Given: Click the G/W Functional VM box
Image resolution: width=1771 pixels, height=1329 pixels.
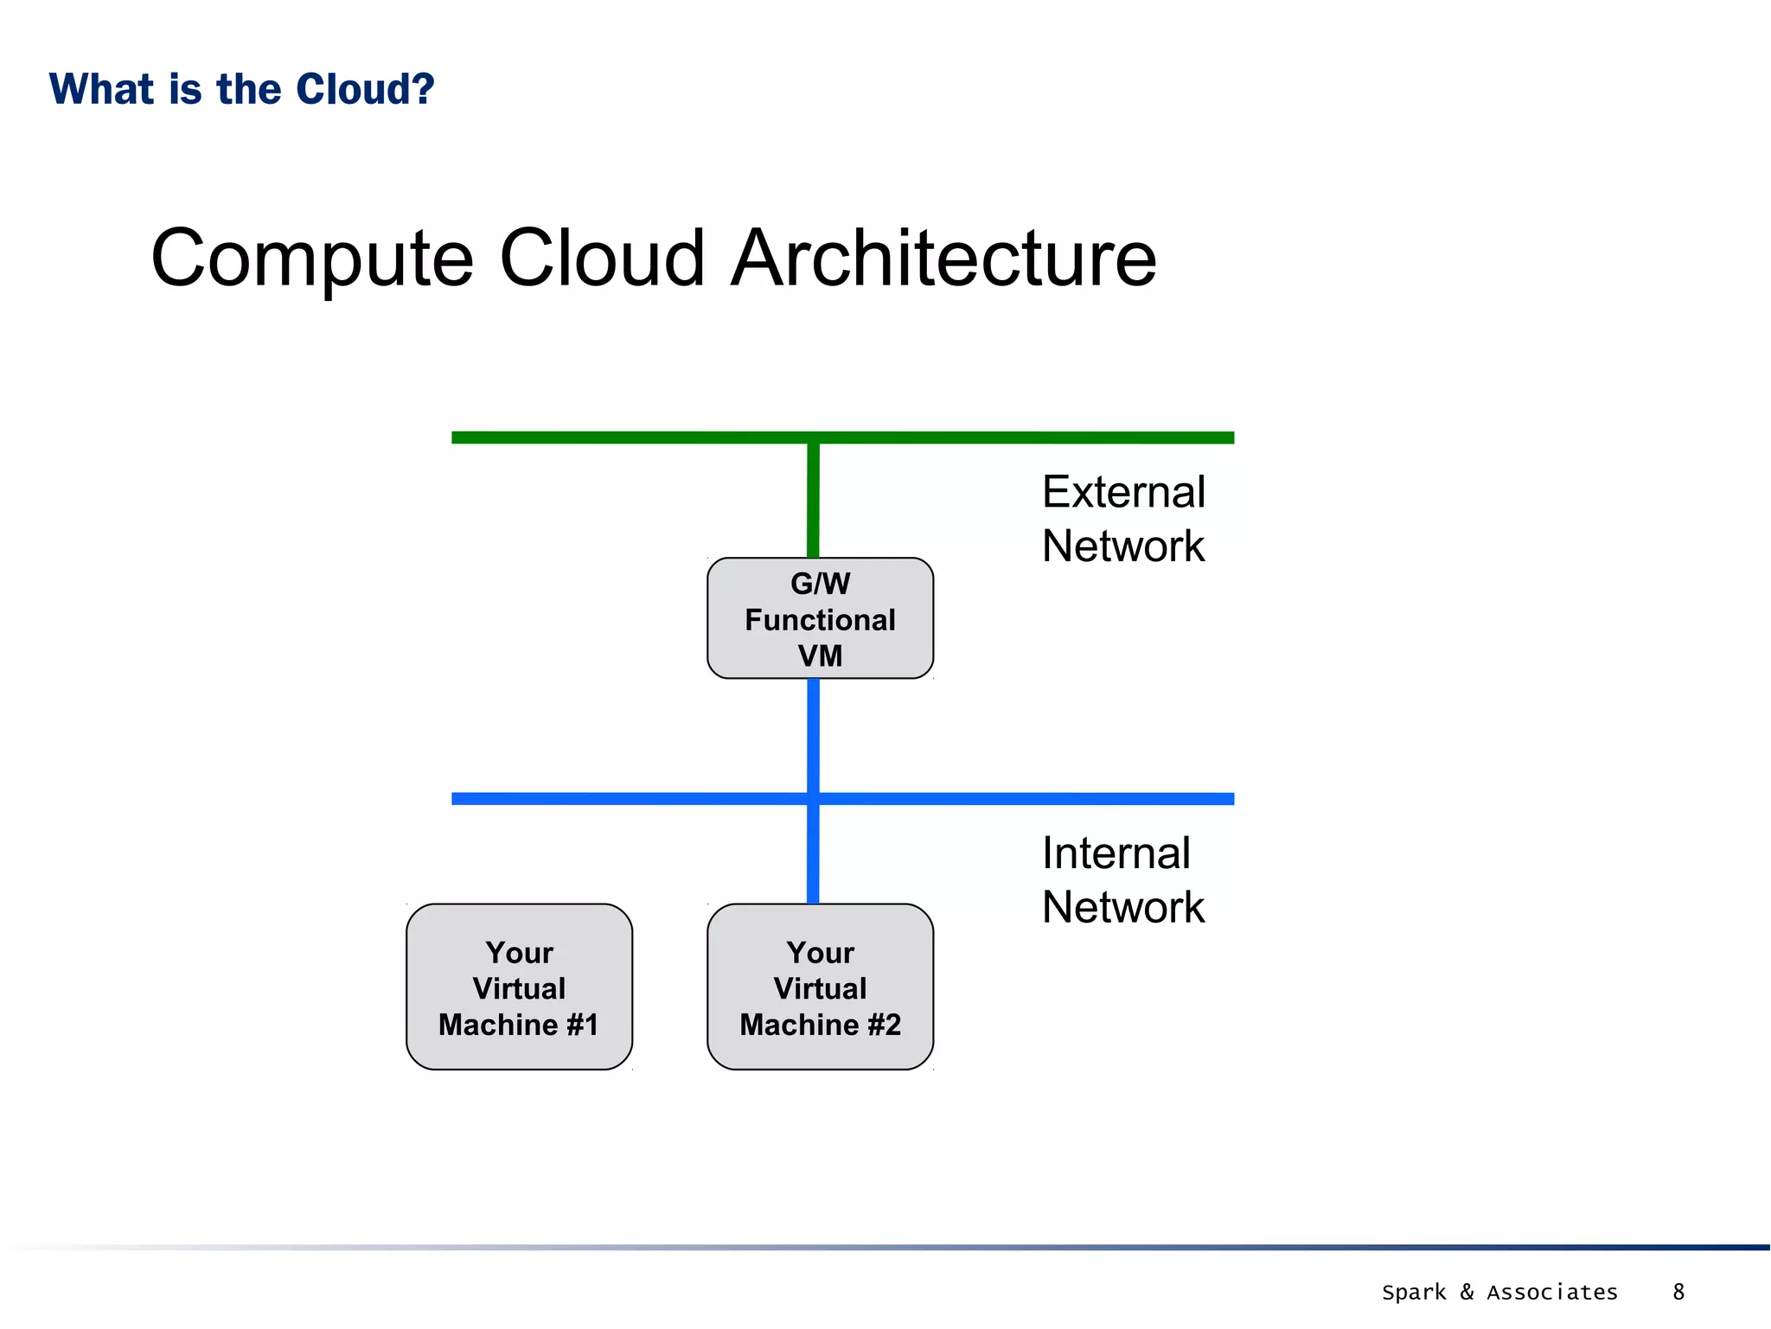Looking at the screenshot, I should [820, 618].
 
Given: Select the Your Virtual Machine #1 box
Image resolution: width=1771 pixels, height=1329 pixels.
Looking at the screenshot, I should [519, 987].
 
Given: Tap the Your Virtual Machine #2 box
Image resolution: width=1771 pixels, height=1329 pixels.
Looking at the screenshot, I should [820, 987].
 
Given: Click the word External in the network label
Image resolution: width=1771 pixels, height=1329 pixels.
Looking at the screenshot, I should [1122, 492].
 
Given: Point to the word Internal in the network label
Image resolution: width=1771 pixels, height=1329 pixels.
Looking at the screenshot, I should [1116, 853].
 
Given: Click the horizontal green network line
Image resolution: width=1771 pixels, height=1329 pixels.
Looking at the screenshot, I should [605, 438].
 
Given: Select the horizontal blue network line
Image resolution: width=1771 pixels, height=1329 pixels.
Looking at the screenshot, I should [605, 798].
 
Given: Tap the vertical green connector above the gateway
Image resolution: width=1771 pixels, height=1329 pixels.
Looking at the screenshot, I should [813, 502].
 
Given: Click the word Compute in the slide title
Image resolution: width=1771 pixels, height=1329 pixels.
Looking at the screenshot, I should [312, 259].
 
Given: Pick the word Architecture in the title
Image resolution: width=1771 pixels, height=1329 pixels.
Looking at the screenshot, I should [943, 259].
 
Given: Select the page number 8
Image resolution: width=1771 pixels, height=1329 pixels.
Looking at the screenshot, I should [1678, 1292].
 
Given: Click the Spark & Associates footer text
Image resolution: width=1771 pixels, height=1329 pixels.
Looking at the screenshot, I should [1499, 1292].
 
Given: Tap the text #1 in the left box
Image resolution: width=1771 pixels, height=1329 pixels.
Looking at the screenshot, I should [582, 1025].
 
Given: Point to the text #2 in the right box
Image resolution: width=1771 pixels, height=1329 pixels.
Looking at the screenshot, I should [884, 1025].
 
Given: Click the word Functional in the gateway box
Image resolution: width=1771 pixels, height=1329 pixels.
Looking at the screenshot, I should [820, 620].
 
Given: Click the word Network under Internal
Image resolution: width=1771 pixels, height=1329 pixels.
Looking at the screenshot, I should [1122, 907].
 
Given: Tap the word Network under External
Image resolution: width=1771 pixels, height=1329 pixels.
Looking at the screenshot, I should [1122, 546].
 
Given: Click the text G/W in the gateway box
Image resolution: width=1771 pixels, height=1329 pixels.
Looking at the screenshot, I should [820, 584].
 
